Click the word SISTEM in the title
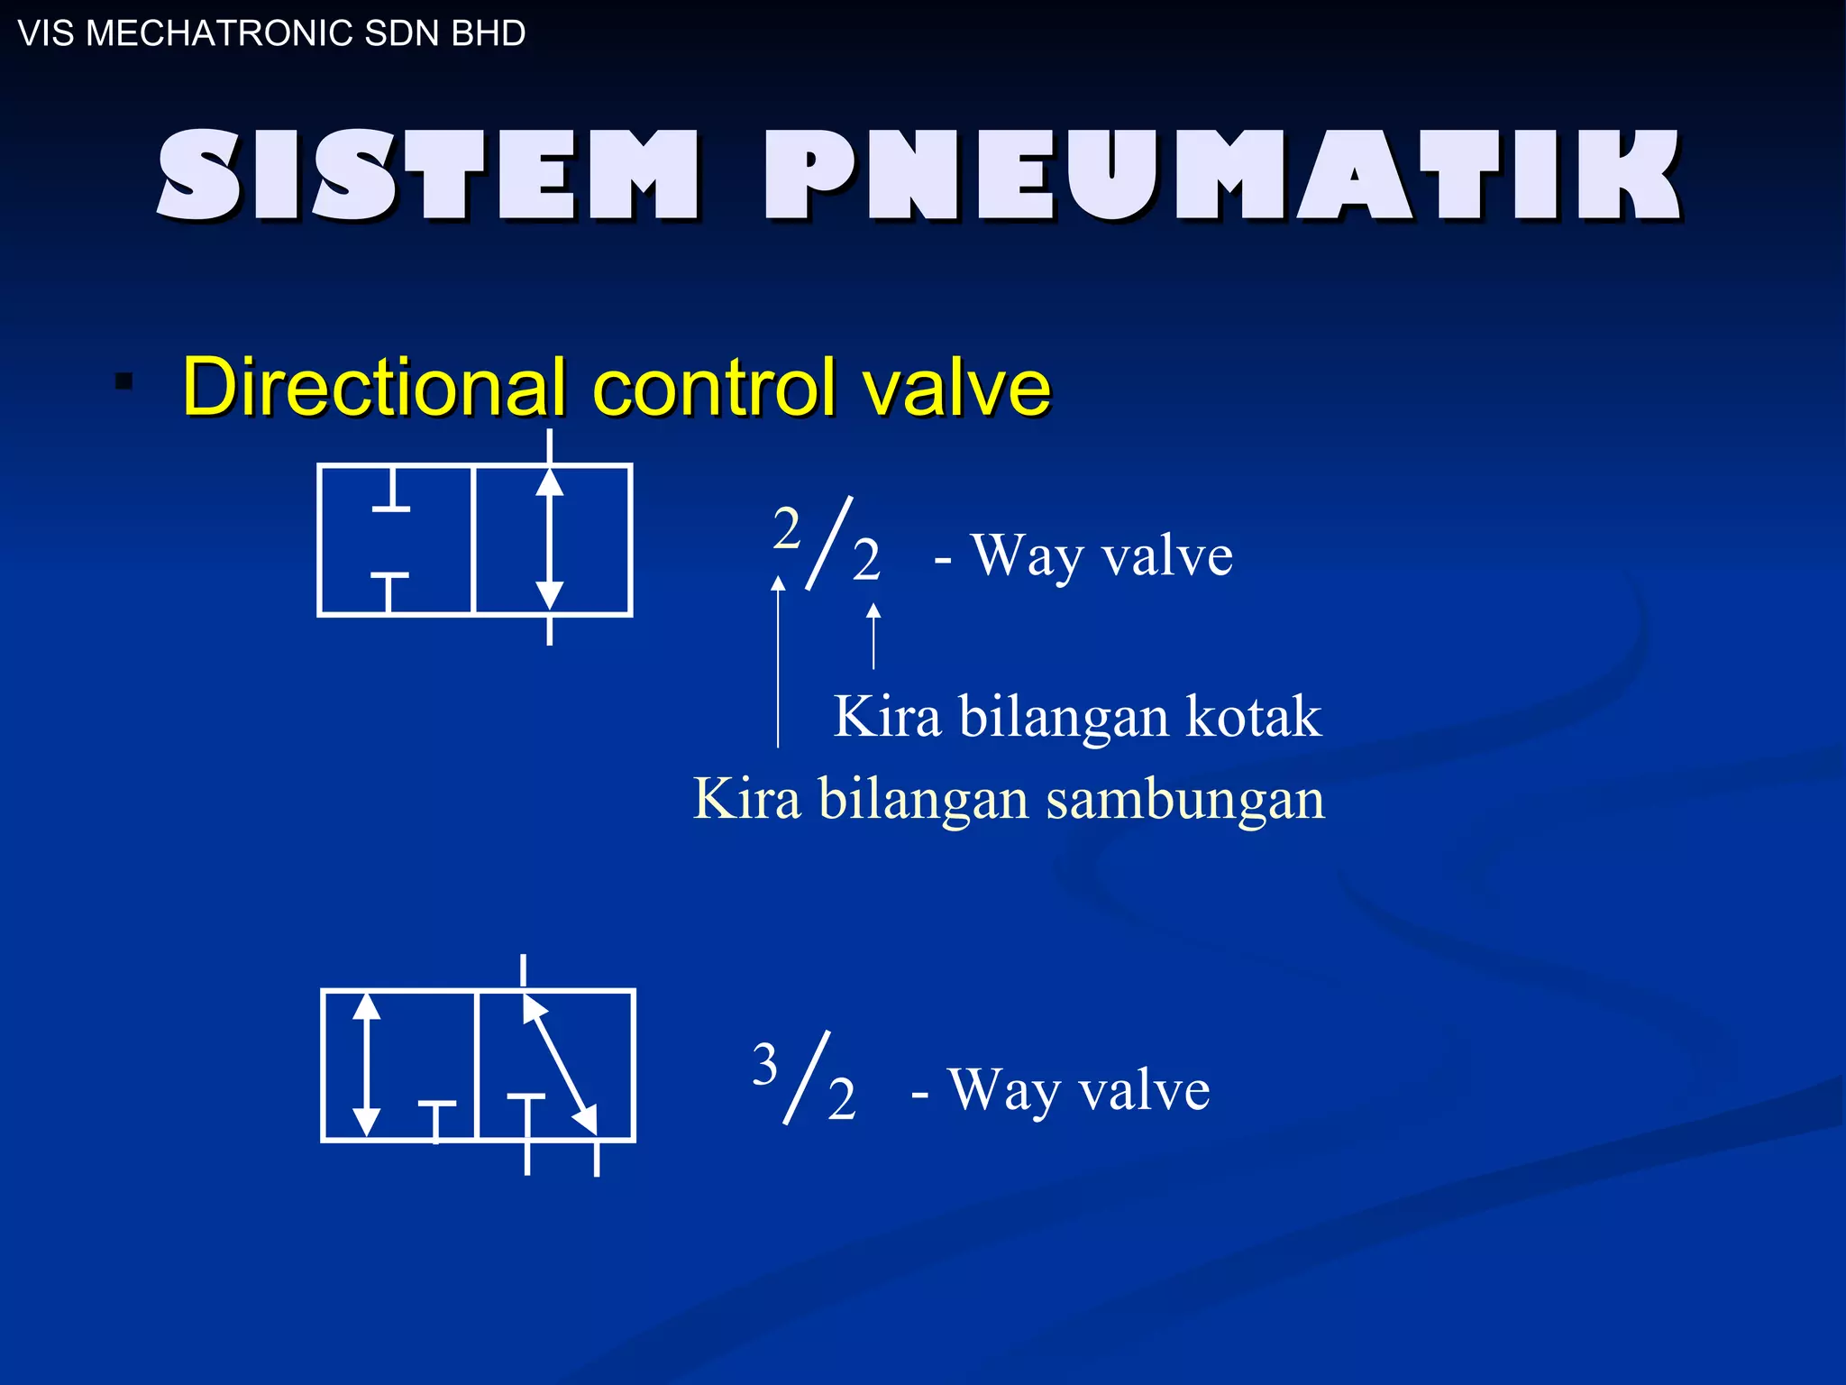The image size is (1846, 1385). pyautogui.click(x=427, y=175)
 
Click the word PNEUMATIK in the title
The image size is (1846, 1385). pyautogui.click(x=1222, y=175)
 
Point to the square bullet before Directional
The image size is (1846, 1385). pyautogui.click(x=124, y=381)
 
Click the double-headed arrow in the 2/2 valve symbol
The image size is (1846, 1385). pyautogui.click(x=550, y=539)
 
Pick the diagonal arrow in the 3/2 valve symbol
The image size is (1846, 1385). pyautogui.click(x=559, y=1064)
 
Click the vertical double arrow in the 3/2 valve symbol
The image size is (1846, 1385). pyautogui.click(x=366, y=1064)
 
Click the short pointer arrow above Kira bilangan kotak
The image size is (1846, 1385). pyautogui.click(x=873, y=637)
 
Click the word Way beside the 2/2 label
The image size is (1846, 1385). pyautogui.click(x=1027, y=556)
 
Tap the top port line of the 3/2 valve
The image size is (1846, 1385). pyautogui.click(x=524, y=972)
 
